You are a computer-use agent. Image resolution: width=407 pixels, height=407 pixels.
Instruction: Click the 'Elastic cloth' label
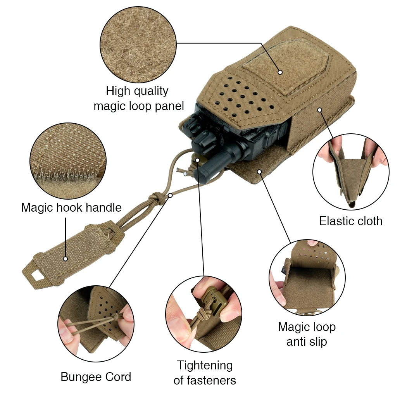[x=351, y=221]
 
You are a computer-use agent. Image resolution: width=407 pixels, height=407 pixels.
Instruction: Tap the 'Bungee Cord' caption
[x=96, y=377]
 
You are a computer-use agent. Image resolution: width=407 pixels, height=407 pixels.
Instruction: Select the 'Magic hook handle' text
[x=71, y=207]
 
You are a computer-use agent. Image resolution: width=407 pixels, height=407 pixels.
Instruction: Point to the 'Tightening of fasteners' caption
[x=205, y=373]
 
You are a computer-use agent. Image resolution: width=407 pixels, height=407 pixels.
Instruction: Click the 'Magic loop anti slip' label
[x=307, y=334]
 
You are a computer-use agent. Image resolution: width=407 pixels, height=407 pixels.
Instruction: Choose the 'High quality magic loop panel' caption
[x=139, y=98]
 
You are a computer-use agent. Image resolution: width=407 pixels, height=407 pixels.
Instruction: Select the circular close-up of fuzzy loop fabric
[x=138, y=45]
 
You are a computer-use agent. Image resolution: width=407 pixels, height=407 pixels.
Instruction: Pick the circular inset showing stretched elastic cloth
[x=351, y=172]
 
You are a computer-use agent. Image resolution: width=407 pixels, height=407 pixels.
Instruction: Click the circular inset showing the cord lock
[x=204, y=314]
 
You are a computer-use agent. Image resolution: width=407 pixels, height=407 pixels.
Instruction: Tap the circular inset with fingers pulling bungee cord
[x=96, y=323]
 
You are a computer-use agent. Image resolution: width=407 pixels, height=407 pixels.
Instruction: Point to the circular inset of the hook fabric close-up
[x=68, y=161]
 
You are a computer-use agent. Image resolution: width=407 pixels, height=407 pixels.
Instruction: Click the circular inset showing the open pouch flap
[x=307, y=278]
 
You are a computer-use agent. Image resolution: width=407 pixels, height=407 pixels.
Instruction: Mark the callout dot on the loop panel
[x=280, y=72]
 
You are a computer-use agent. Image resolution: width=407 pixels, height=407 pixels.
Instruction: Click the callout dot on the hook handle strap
[x=66, y=259]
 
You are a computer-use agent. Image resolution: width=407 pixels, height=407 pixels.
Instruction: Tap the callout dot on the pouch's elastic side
[x=320, y=110]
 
